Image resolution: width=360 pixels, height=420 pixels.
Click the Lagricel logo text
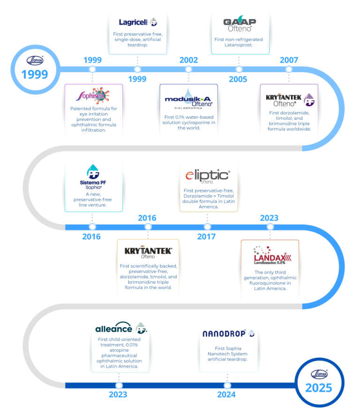(133, 22)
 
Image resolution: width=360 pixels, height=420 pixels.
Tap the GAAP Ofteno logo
(240, 24)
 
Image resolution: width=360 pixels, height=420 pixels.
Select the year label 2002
(189, 60)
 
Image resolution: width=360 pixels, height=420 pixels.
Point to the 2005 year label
(238, 79)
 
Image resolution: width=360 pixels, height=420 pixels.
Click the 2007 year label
(289, 60)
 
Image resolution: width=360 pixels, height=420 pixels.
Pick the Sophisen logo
(93, 96)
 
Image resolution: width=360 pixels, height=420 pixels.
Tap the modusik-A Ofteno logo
(188, 99)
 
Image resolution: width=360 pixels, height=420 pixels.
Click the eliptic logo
(208, 176)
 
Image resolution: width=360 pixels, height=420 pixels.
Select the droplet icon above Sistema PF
(93, 171)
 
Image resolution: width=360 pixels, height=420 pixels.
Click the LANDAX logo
(272, 255)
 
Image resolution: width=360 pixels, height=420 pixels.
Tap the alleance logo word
(113, 328)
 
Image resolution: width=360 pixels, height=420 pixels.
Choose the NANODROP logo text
(224, 333)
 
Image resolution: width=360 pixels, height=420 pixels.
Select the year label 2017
(206, 237)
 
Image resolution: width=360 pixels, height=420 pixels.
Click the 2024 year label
(226, 395)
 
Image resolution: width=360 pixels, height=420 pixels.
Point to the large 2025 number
(319, 388)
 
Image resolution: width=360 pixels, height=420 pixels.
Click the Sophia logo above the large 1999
(35, 60)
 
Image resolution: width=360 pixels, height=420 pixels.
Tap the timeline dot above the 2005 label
(239, 69)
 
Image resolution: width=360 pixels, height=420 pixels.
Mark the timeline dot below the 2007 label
(289, 69)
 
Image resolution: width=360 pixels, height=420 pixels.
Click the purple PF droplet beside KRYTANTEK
(309, 100)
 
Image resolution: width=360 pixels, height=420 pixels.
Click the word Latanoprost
(239, 45)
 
